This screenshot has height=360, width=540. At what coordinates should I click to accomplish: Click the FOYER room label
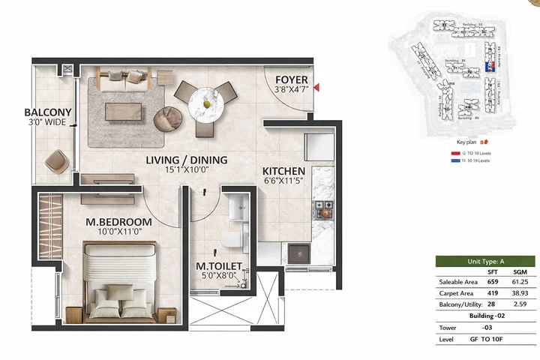[289, 80]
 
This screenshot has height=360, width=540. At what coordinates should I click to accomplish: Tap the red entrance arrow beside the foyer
[318, 88]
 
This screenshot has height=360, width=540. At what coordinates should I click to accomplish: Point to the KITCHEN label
[283, 170]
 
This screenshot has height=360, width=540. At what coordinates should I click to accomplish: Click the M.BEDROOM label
[118, 222]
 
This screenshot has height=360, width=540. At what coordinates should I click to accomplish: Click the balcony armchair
[57, 160]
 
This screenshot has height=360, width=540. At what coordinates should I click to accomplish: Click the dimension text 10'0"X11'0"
[118, 233]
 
